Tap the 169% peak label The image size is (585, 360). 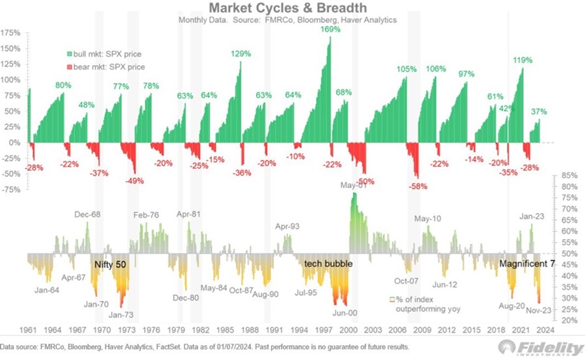[x=331, y=29]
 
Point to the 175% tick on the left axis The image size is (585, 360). [x=11, y=32]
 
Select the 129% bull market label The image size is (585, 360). [x=240, y=53]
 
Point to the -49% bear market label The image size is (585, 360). [x=135, y=180]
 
